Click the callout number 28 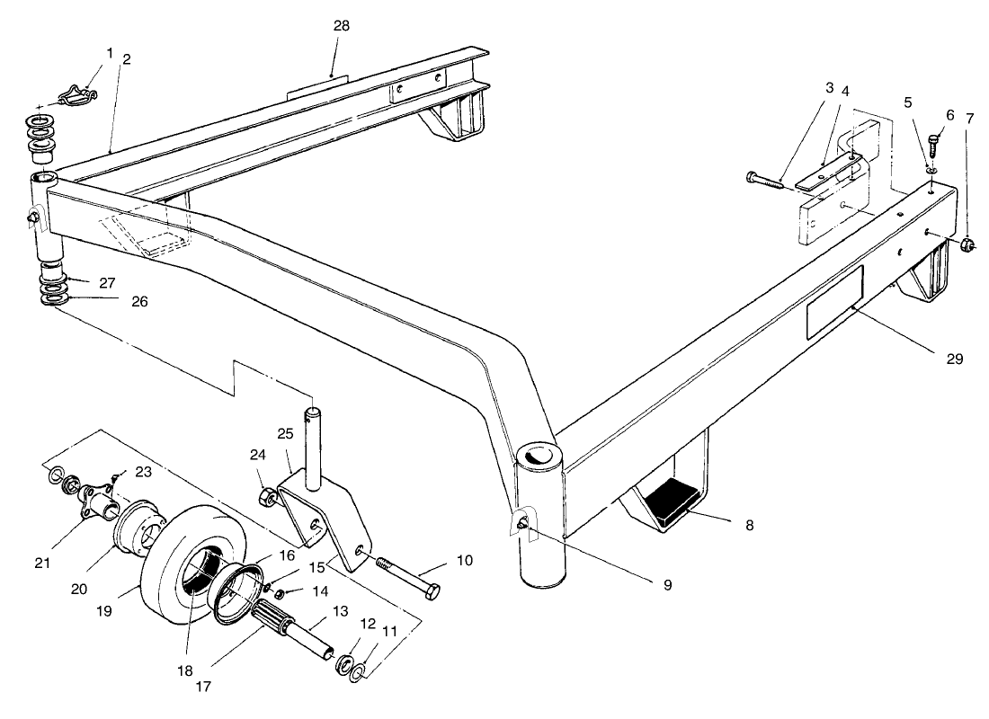(x=341, y=25)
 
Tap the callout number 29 (x=954, y=359)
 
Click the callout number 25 (x=285, y=434)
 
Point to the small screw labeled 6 (x=934, y=142)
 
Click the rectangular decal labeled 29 (x=833, y=301)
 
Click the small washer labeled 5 (x=932, y=169)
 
